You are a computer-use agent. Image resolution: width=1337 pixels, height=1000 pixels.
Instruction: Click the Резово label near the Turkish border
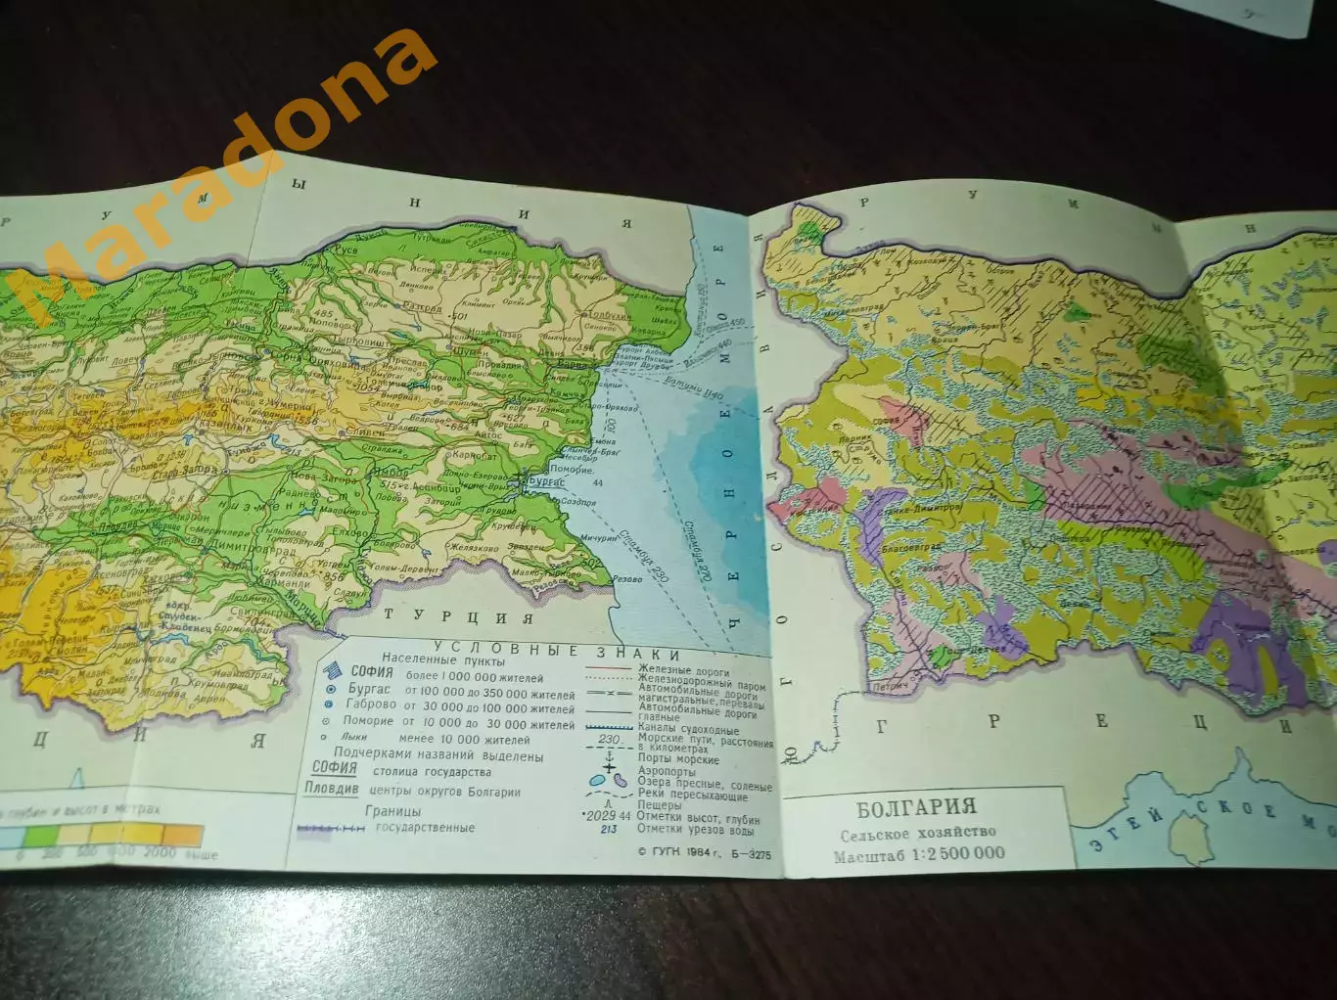[626, 579]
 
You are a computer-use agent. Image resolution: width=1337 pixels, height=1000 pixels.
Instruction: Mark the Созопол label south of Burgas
[577, 503]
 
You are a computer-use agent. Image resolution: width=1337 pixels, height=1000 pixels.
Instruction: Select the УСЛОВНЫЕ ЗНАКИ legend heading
[557, 652]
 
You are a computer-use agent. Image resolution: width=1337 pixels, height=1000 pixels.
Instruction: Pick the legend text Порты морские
[678, 758]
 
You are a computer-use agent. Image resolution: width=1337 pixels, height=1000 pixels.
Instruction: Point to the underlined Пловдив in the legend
[331, 789]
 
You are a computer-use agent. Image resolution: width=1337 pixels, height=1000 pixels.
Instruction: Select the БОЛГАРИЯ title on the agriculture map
[916, 807]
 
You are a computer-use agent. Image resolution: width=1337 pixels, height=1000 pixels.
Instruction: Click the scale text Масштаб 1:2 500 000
[919, 853]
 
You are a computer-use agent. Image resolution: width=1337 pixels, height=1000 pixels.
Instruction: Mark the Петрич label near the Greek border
[889, 686]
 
